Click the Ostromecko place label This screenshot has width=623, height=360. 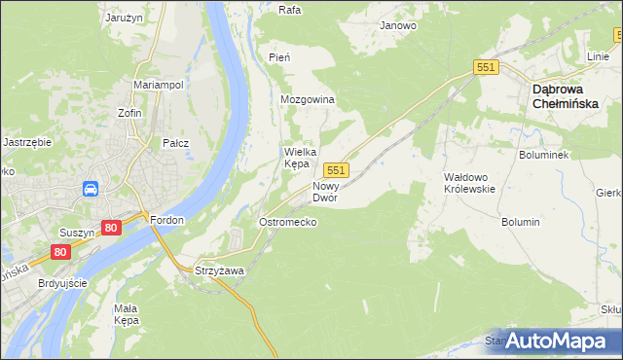point(287,222)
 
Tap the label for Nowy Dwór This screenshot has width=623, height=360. point(325,192)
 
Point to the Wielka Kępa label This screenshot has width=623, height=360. point(297,158)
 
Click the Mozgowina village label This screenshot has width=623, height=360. point(308,100)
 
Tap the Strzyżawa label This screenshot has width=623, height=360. point(218,270)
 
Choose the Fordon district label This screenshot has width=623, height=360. point(167,220)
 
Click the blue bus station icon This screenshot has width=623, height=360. point(90,189)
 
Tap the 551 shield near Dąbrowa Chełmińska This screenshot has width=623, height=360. point(488,66)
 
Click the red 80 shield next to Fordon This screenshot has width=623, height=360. point(110,228)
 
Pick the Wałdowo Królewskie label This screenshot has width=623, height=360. point(469,183)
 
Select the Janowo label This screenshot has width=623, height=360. point(398,26)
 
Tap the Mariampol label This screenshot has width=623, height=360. point(159,86)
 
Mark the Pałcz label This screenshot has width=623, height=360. point(175,143)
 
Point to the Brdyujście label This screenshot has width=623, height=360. point(63,283)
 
